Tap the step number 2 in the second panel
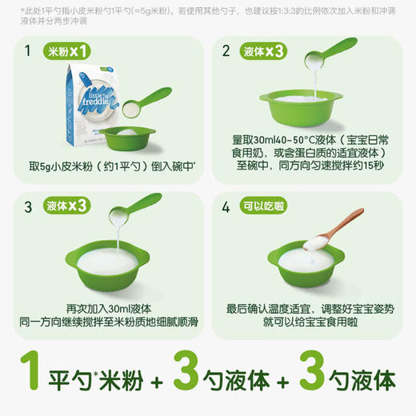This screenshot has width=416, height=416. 226,54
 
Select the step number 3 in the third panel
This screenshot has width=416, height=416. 28,207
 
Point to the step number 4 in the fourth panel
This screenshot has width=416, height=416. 226,207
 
